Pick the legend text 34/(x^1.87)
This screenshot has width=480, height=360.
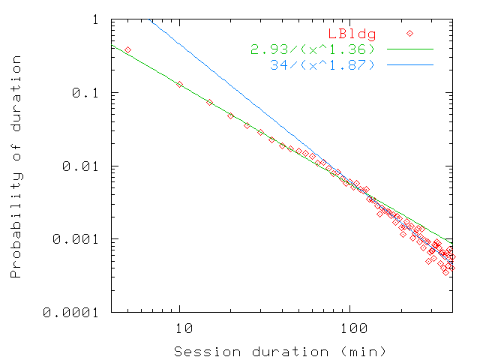click(326, 65)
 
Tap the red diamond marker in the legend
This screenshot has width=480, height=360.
click(409, 33)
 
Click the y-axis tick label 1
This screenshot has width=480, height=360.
click(95, 19)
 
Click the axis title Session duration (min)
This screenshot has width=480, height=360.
click(280, 351)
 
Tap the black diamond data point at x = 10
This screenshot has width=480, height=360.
click(179, 84)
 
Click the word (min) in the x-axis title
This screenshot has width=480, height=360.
click(366, 351)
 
